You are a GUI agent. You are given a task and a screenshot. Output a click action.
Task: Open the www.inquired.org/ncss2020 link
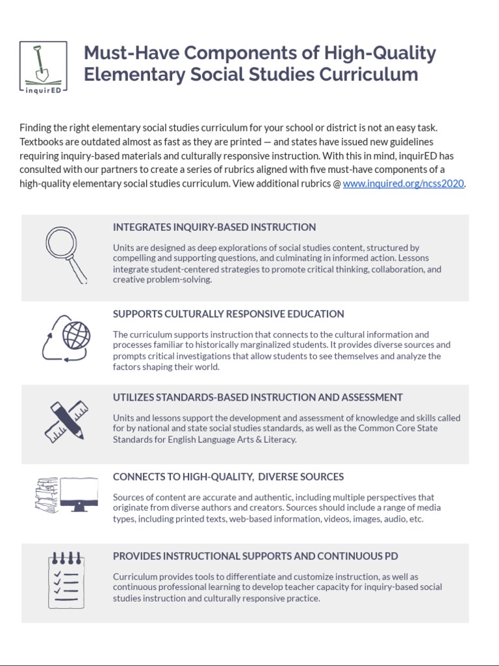point(403,183)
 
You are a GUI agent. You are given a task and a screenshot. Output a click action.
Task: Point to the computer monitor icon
point(79,494)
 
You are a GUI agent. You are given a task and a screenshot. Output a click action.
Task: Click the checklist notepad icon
point(66,579)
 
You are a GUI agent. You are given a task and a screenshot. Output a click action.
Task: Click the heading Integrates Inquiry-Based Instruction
point(214,227)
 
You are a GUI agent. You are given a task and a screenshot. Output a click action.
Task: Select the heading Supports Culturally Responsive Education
point(228,313)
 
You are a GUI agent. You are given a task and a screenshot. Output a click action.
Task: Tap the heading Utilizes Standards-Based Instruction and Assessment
point(257,397)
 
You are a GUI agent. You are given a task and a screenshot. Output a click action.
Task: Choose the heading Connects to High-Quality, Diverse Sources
point(228,477)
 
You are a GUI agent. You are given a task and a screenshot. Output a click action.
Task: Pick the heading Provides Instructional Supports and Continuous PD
point(255,556)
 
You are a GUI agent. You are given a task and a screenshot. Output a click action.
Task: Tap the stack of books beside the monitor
point(47,495)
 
